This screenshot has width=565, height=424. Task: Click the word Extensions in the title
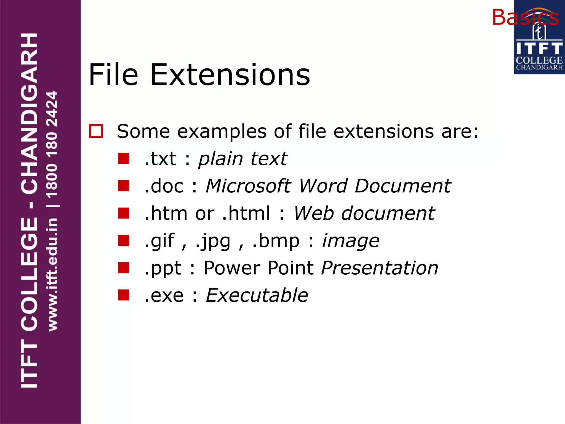(230, 75)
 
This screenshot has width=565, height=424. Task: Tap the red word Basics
(525, 17)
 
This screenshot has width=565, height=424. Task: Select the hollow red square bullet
(96, 131)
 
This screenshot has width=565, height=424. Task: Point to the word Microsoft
(248, 186)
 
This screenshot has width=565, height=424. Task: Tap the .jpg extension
(213, 241)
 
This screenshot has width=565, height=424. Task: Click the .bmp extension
(276, 241)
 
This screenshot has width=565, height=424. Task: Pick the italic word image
(351, 241)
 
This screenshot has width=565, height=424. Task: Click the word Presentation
(380, 268)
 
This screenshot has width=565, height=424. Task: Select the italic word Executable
(257, 295)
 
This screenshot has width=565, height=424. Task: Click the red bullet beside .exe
(124, 295)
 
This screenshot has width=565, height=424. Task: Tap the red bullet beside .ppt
(124, 267)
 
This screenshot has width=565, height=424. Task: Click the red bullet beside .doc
(124, 186)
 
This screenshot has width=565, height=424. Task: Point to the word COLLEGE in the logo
(539, 60)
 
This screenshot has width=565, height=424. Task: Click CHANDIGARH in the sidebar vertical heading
(29, 113)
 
